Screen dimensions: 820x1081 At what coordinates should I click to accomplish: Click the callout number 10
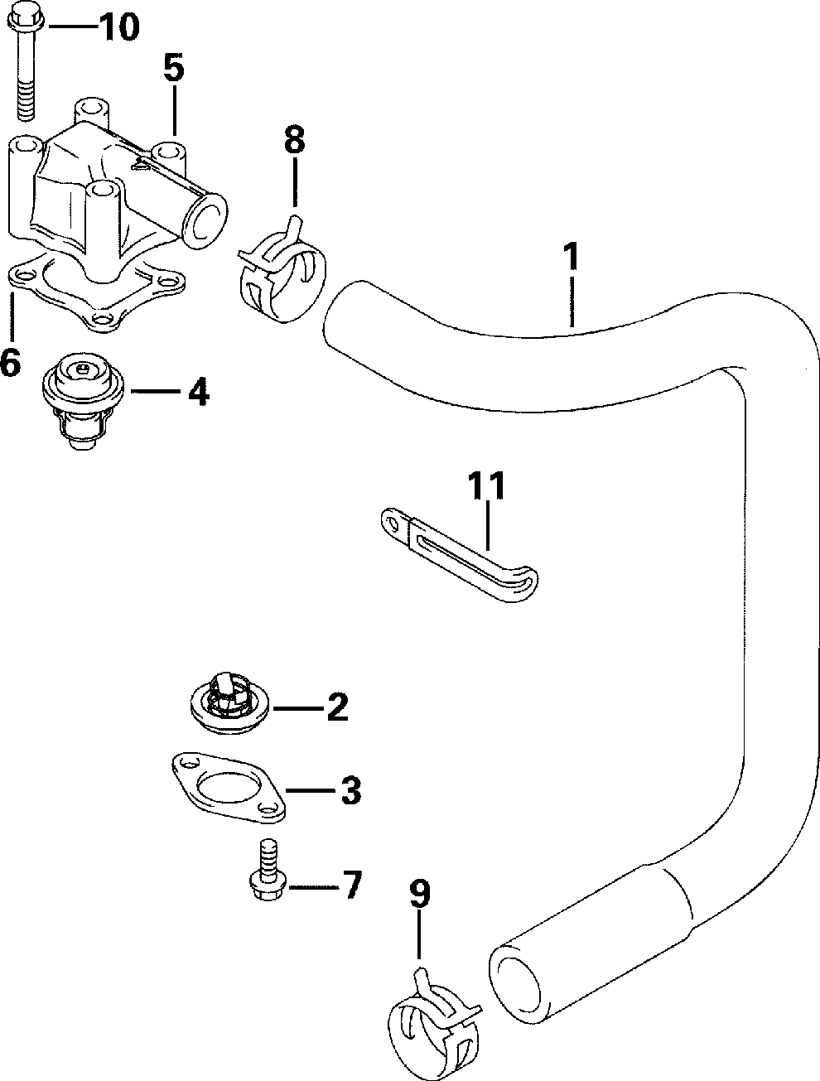coord(118,27)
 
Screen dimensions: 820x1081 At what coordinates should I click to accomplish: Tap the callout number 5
coord(174,68)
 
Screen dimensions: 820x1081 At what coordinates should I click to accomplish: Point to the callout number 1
coord(571,256)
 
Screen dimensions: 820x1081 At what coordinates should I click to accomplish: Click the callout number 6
coord(10,361)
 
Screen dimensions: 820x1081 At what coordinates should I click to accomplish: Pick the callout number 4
coord(199,392)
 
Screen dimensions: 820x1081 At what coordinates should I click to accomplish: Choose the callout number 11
coord(486,485)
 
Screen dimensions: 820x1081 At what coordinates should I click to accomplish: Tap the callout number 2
coord(338,707)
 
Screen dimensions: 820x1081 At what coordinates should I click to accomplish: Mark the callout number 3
coord(351,790)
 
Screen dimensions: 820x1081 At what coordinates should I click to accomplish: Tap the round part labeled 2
coord(229,702)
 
